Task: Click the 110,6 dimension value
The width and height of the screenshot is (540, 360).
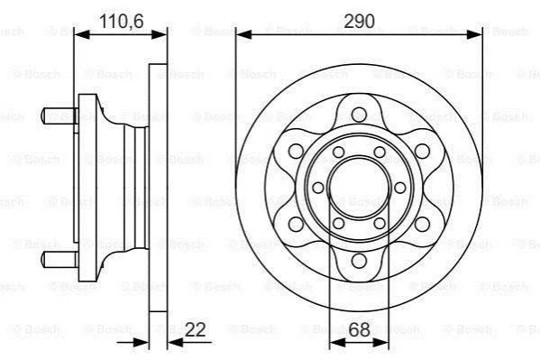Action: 121,22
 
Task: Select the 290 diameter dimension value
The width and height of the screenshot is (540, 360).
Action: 359,22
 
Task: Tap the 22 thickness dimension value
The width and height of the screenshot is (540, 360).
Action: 195,329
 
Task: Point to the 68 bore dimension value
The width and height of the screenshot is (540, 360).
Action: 359,329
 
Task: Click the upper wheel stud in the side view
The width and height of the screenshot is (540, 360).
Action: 59,115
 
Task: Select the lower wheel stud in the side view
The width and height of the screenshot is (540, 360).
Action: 59,259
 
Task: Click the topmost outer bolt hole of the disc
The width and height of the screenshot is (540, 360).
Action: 359,115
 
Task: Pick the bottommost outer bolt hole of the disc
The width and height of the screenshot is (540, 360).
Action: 359,261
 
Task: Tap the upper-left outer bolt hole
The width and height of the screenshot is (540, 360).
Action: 296,151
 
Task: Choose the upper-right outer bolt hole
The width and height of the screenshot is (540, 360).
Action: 422,151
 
